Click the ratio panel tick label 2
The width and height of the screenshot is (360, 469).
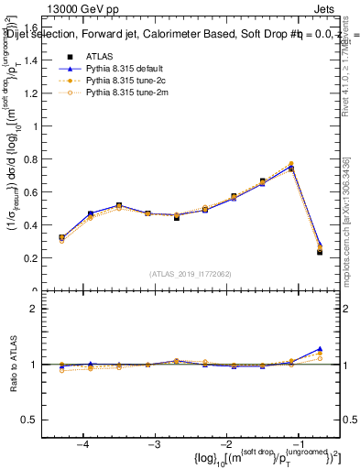(38, 310)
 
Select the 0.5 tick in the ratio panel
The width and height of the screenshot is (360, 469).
(34, 420)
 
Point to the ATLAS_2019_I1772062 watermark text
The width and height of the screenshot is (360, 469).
(190, 273)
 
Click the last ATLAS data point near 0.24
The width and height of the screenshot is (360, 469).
(320, 251)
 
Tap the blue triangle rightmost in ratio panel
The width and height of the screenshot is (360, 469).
(320, 349)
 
